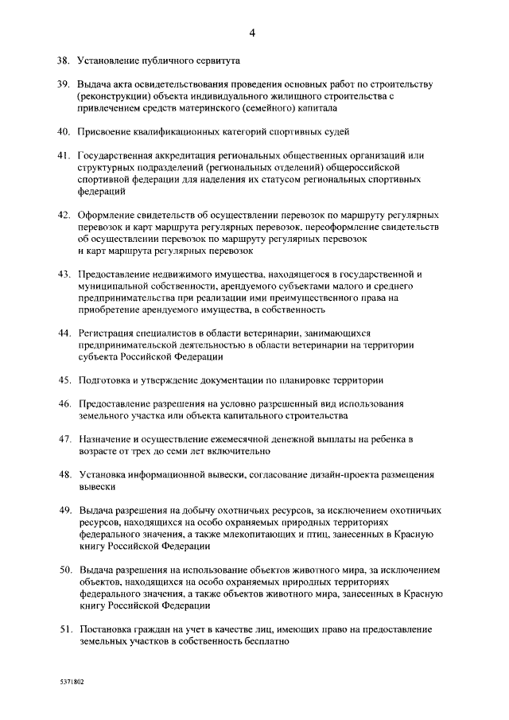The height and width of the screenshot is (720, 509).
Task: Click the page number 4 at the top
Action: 252,33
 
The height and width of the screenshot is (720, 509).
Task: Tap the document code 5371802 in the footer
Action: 70,683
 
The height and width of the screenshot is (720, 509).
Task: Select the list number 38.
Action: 63,60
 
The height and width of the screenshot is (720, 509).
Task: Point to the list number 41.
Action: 63,154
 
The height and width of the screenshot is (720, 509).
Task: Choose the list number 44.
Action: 63,333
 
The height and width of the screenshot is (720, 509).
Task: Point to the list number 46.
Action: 63,403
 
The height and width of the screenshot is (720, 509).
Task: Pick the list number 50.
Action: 63,570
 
